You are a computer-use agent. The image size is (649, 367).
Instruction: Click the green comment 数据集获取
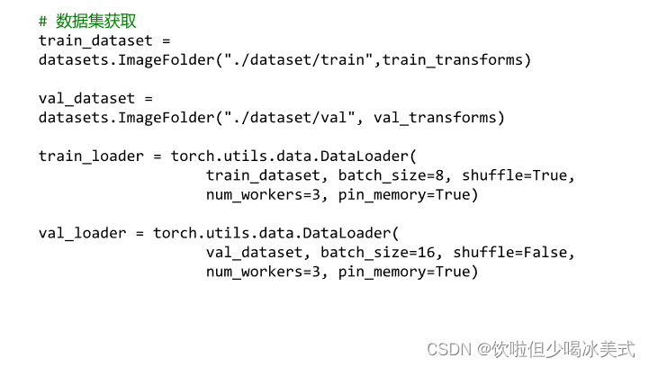[96, 21]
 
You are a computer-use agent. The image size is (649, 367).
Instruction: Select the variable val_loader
[73, 234]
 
